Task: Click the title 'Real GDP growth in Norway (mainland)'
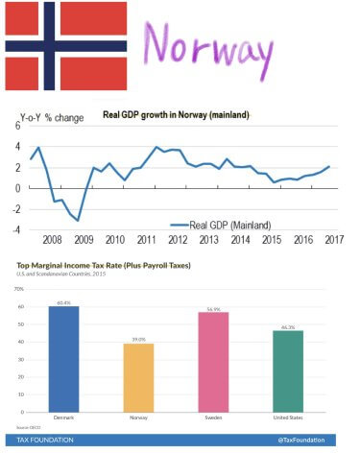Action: point(176,115)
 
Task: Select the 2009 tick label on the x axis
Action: point(84,240)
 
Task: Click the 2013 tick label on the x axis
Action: point(208,240)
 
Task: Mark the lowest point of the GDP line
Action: point(78,221)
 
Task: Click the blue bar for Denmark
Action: point(64,361)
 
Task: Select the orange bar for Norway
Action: point(138,380)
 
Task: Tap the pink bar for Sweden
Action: point(212,364)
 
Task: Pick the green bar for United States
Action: point(287,373)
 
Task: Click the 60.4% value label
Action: point(64,302)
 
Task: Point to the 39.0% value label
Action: point(138,340)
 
